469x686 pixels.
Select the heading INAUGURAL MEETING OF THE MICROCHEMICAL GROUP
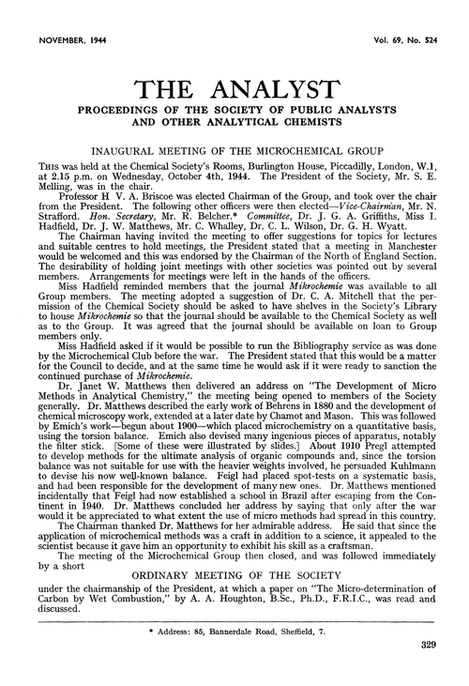pos(234,149)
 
